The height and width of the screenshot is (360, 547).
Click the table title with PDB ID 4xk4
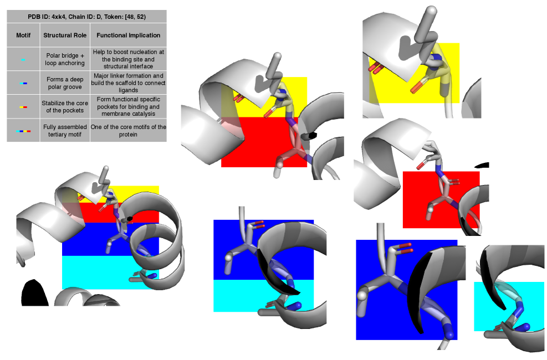click(86, 17)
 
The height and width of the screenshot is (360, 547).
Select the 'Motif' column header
click(23, 35)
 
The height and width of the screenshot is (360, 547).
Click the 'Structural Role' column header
click(65, 35)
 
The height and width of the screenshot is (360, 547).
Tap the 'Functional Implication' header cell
click(129, 35)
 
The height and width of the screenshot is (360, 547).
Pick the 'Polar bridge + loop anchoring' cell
click(65, 59)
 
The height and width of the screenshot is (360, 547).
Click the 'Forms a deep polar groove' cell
click(65, 83)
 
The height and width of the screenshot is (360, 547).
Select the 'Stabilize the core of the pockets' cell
click(65, 107)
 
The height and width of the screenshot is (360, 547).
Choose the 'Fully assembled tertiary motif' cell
click(65, 131)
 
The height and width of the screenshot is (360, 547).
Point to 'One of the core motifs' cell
click(129, 131)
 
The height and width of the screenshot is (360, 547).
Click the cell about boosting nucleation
click(129, 59)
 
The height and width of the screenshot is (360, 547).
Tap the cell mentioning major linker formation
click(129, 83)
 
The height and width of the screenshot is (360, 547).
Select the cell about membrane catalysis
click(129, 107)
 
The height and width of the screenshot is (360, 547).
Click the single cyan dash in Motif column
click(23, 60)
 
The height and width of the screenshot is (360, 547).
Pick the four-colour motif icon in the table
click(23, 131)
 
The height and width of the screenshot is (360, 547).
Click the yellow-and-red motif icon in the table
click(23, 107)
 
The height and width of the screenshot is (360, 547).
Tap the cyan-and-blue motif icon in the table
click(23, 83)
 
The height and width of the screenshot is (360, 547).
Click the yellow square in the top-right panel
click(415, 73)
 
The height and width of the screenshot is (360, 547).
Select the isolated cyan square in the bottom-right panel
click(509, 306)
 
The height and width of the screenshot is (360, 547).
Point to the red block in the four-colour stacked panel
click(110, 213)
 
